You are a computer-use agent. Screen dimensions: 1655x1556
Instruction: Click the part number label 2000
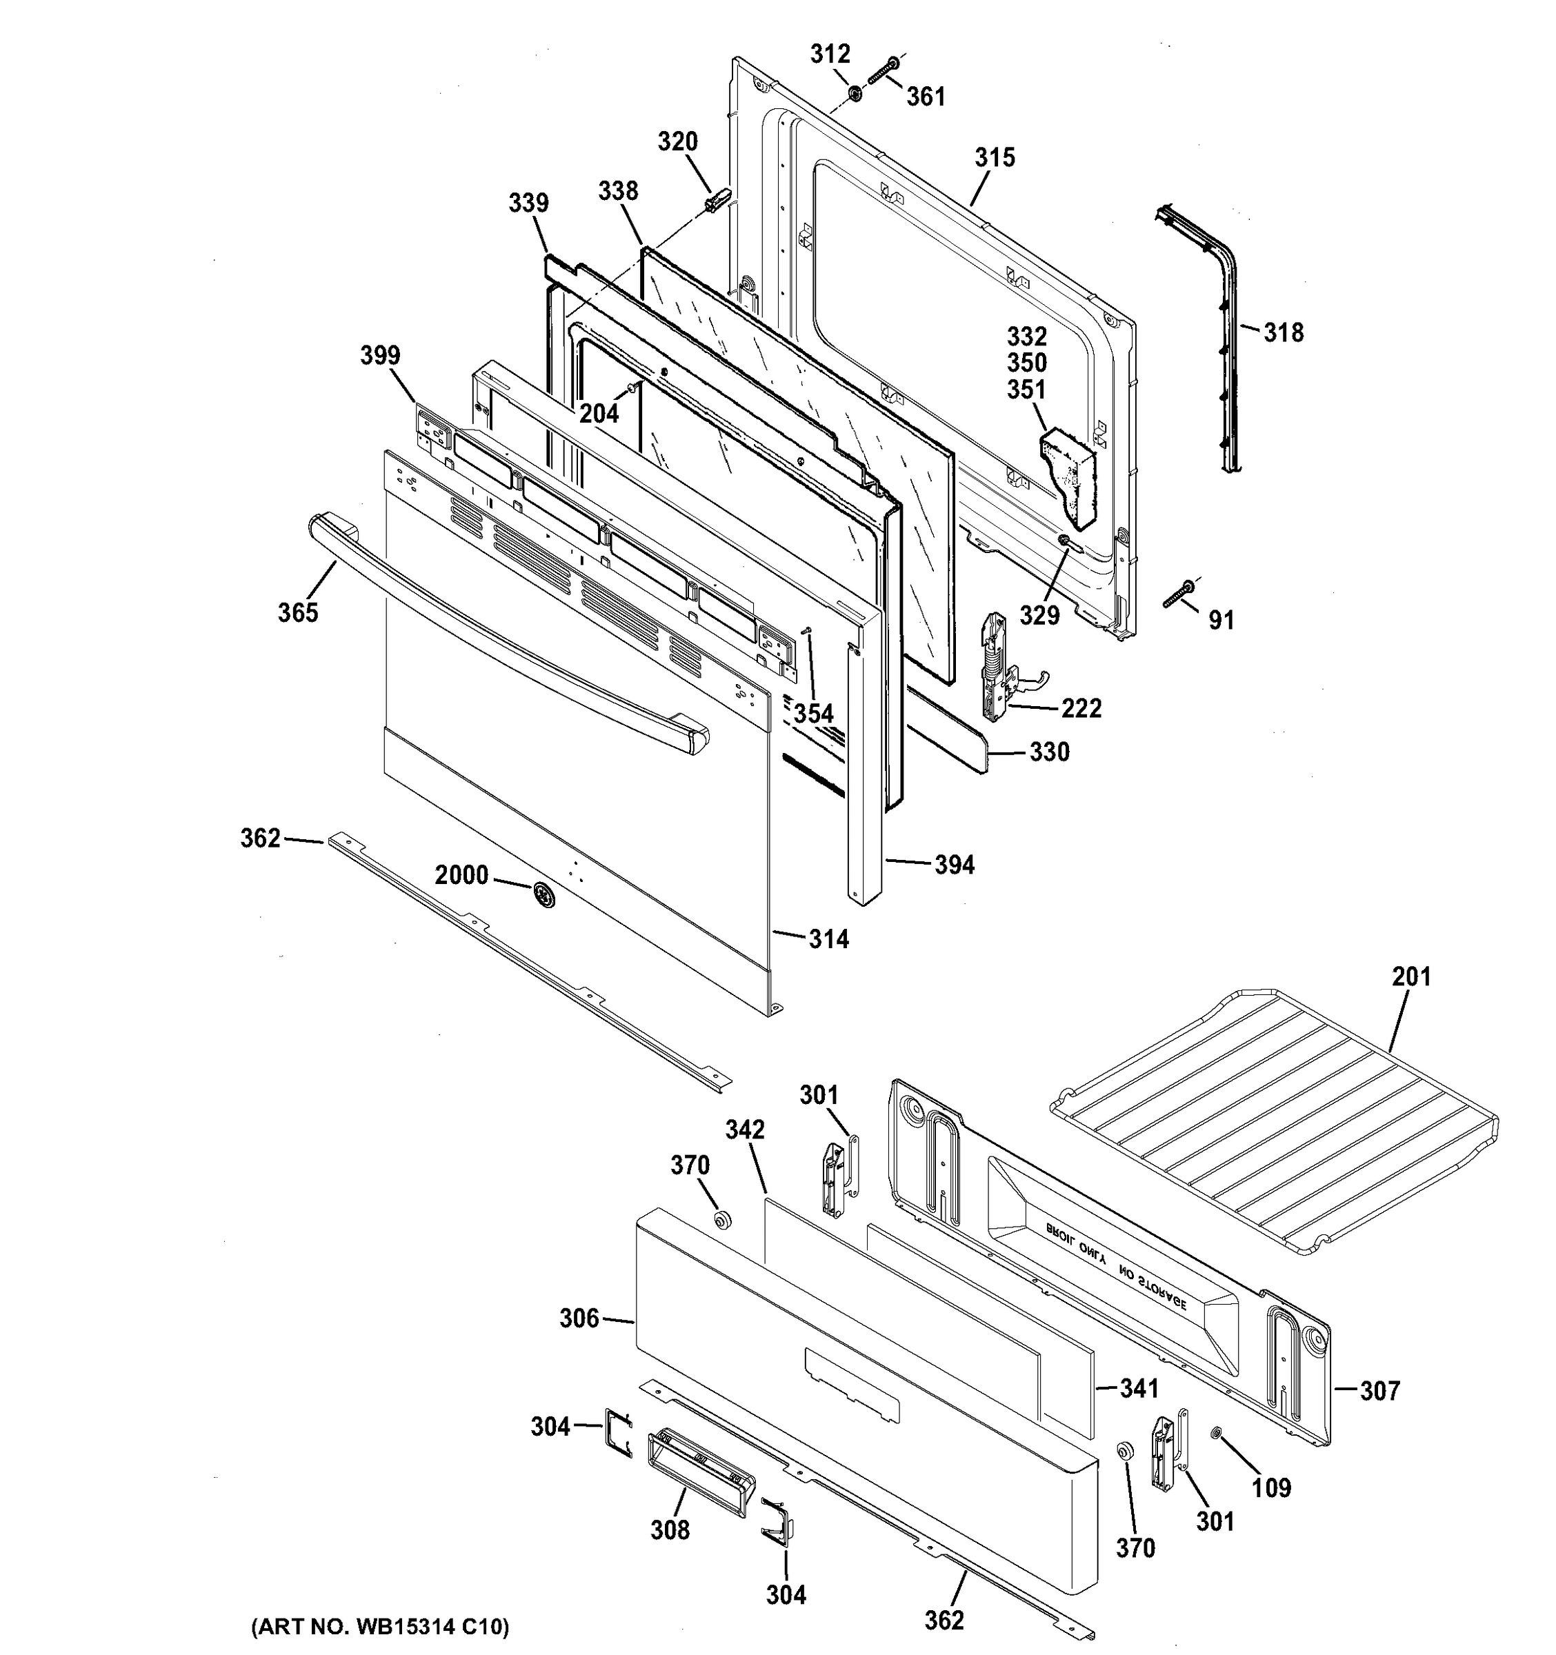(461, 875)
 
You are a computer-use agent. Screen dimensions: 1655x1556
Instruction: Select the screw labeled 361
(881, 72)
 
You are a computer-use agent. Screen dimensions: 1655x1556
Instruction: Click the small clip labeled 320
(717, 200)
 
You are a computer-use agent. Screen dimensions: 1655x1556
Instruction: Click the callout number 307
(1379, 1390)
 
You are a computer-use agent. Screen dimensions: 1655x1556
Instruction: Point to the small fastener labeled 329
(1064, 542)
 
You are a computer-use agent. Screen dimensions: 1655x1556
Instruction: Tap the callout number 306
(579, 1318)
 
